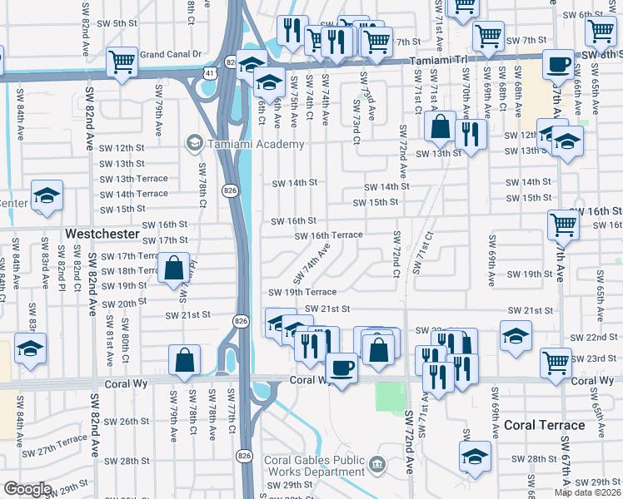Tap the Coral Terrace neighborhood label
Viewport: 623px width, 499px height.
click(x=545, y=425)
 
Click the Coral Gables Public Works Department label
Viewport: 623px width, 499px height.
click(x=315, y=466)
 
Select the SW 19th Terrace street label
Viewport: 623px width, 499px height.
click(x=302, y=292)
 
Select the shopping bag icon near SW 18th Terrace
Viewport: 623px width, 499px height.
click(x=173, y=268)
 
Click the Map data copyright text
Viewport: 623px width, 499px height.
click(x=587, y=492)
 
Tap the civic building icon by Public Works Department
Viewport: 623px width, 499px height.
click(x=378, y=465)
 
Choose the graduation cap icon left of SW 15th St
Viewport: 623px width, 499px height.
click(x=47, y=195)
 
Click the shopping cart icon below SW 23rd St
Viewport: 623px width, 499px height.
click(x=556, y=360)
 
